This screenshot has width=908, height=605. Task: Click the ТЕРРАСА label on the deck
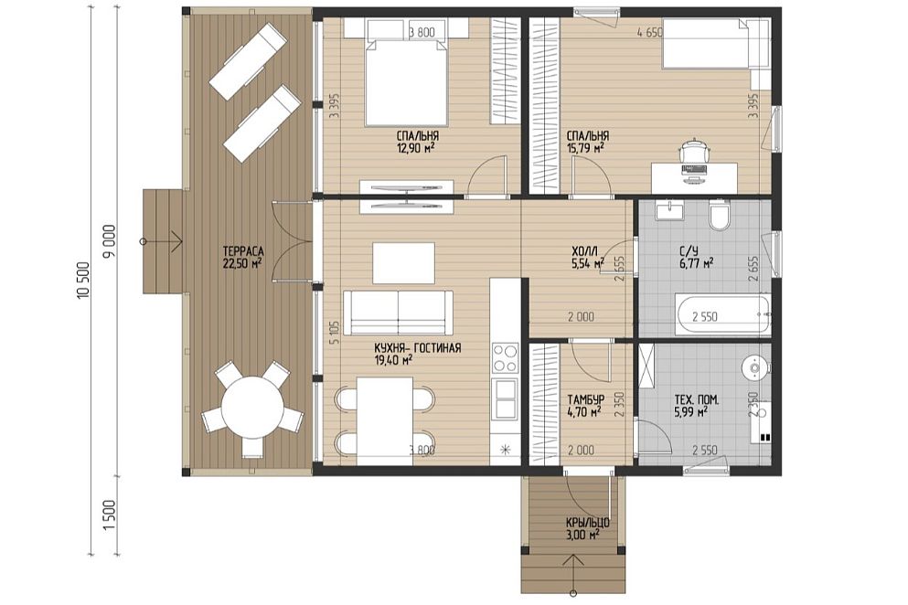point(243,251)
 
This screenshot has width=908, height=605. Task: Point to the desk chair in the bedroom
point(694,152)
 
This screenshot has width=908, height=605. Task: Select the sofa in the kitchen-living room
point(399,312)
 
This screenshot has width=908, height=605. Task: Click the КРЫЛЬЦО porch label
point(587,524)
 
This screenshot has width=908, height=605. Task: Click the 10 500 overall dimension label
point(83,281)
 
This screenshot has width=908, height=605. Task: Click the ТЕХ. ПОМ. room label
point(697,400)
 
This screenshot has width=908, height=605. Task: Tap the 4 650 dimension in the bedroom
point(649,32)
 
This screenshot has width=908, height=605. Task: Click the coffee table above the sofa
point(403,263)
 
